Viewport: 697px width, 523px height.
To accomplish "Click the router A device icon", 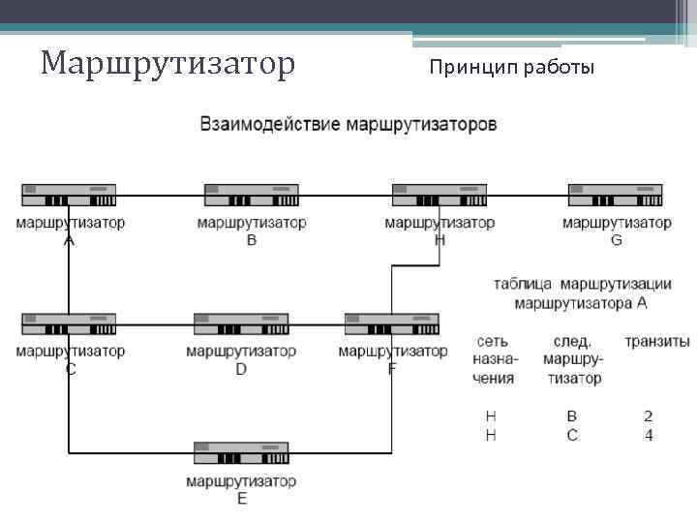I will (x=69, y=195).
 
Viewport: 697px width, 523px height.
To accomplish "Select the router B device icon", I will (x=252, y=195).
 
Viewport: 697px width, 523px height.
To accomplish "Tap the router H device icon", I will (x=439, y=195).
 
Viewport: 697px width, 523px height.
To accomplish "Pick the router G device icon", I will (x=616, y=195).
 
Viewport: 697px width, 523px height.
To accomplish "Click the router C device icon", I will (x=69, y=324).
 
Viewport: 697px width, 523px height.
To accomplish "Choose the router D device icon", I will (x=241, y=324).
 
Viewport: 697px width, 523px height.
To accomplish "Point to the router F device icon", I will (x=392, y=324).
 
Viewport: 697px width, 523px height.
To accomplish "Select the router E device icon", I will (x=241, y=453).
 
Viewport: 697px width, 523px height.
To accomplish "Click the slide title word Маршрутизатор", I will (x=167, y=64).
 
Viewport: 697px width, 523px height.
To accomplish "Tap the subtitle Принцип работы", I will (x=512, y=68).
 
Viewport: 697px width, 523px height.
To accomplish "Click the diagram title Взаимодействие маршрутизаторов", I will (x=348, y=125).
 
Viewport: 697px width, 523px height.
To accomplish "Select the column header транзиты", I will (x=656, y=342).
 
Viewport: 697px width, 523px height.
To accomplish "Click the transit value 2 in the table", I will (x=649, y=416).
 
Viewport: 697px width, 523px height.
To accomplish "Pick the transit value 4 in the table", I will (x=649, y=436).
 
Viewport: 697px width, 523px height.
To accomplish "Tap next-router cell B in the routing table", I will (x=572, y=416).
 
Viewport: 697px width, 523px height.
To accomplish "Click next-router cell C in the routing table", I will (x=572, y=436).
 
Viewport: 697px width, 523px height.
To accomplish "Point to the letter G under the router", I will (x=617, y=240).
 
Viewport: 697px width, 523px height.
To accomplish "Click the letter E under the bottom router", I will (x=241, y=499).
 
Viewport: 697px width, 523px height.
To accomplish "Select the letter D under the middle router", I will (x=241, y=369).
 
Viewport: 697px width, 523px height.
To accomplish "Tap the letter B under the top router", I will (x=252, y=240).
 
